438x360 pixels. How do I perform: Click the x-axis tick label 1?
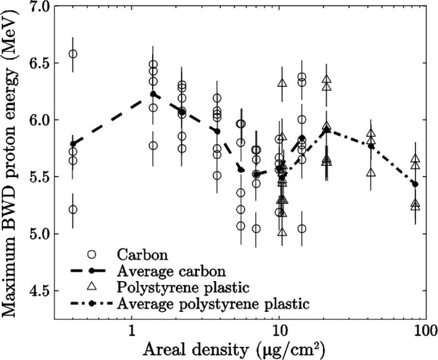[131, 331]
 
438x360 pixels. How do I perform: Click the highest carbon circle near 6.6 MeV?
[73, 54]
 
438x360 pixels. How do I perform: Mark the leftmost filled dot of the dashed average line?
[73, 143]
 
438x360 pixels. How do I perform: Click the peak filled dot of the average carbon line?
[153, 94]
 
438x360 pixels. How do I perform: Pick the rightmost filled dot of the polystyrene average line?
[415, 184]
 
